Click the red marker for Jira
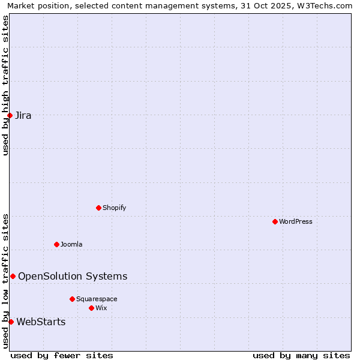pyautogui.click(x=10, y=115)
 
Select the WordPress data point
pyautogui.click(x=275, y=221)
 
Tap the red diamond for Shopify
pyautogui.click(x=98, y=208)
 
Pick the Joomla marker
pyautogui.click(x=56, y=244)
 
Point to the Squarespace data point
pyautogui.click(x=72, y=299)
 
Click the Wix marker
pyautogui.click(x=91, y=308)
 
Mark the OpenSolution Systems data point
pyautogui.click(x=13, y=276)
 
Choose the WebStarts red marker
pyautogui.click(x=11, y=322)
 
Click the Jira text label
pyautogui.click(x=23, y=116)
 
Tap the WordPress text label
pyautogui.click(x=296, y=221)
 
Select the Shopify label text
pyautogui.click(x=114, y=208)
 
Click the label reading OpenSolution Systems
pyautogui.click(x=73, y=276)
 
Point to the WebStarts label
pyautogui.click(x=41, y=322)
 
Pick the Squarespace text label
pyautogui.click(x=97, y=299)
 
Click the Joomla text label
pyautogui.click(x=71, y=244)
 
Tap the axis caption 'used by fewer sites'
pyautogui.click(x=62, y=355)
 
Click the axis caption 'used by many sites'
pyautogui.click(x=301, y=355)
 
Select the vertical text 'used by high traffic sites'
pyautogui.click(x=5, y=85)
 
